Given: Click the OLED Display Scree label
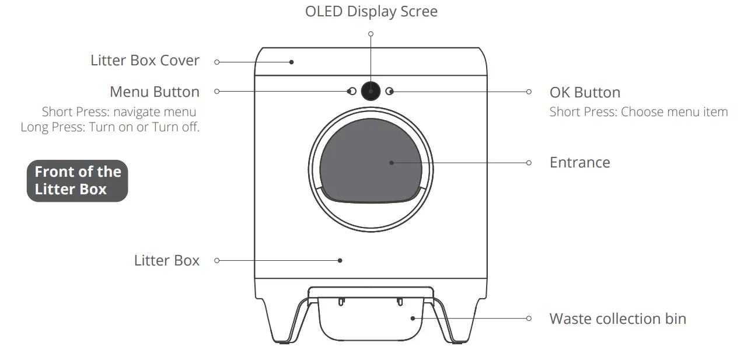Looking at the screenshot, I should click(x=371, y=12).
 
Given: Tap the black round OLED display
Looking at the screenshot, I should click(x=371, y=91).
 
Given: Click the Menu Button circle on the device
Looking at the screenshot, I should click(x=351, y=91).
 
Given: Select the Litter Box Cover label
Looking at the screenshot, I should click(x=145, y=61).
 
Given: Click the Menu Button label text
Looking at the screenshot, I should click(x=155, y=92).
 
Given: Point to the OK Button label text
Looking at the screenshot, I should click(x=585, y=92).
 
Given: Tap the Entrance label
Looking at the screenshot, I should click(x=579, y=162).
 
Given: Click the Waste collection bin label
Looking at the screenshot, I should click(x=617, y=319).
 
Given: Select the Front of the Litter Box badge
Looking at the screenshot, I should click(x=77, y=180).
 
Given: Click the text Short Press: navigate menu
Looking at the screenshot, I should click(x=119, y=111).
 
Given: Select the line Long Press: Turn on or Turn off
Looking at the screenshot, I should click(x=110, y=127).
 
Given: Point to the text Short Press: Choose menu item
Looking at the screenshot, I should click(x=638, y=111).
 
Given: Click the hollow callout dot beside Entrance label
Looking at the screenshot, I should click(x=529, y=163).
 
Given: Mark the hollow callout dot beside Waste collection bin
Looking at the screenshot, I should click(x=529, y=319).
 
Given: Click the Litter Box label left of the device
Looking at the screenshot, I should click(x=166, y=260).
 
